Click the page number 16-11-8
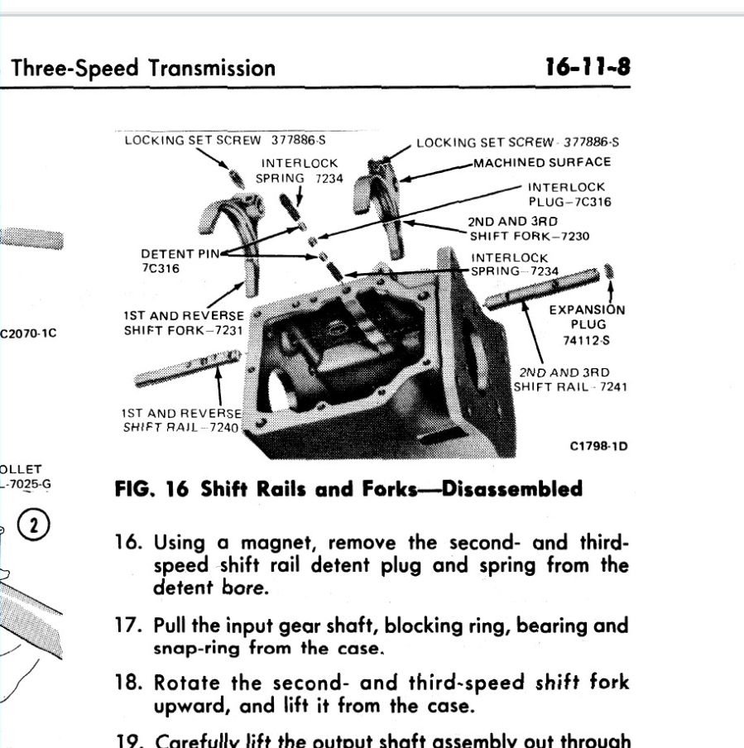(x=587, y=67)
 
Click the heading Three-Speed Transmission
(x=143, y=68)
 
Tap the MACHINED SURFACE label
(x=541, y=162)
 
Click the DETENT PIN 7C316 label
(x=171, y=261)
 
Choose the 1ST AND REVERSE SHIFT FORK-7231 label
(x=184, y=323)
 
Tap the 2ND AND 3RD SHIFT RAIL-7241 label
(x=569, y=379)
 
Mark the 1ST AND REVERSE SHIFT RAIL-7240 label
(x=181, y=419)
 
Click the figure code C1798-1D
(x=598, y=446)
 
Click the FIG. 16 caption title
(x=348, y=488)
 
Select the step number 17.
(x=128, y=626)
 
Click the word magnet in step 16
(x=278, y=544)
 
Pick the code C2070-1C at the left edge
(x=28, y=334)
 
